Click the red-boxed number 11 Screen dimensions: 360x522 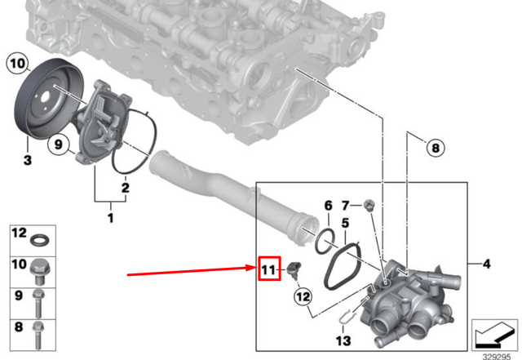269,269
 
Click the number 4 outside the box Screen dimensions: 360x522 486,264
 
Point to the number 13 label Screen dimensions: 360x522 343,339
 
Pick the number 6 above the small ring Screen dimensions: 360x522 328,205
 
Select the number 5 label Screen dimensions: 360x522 345,222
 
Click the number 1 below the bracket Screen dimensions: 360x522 111,218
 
